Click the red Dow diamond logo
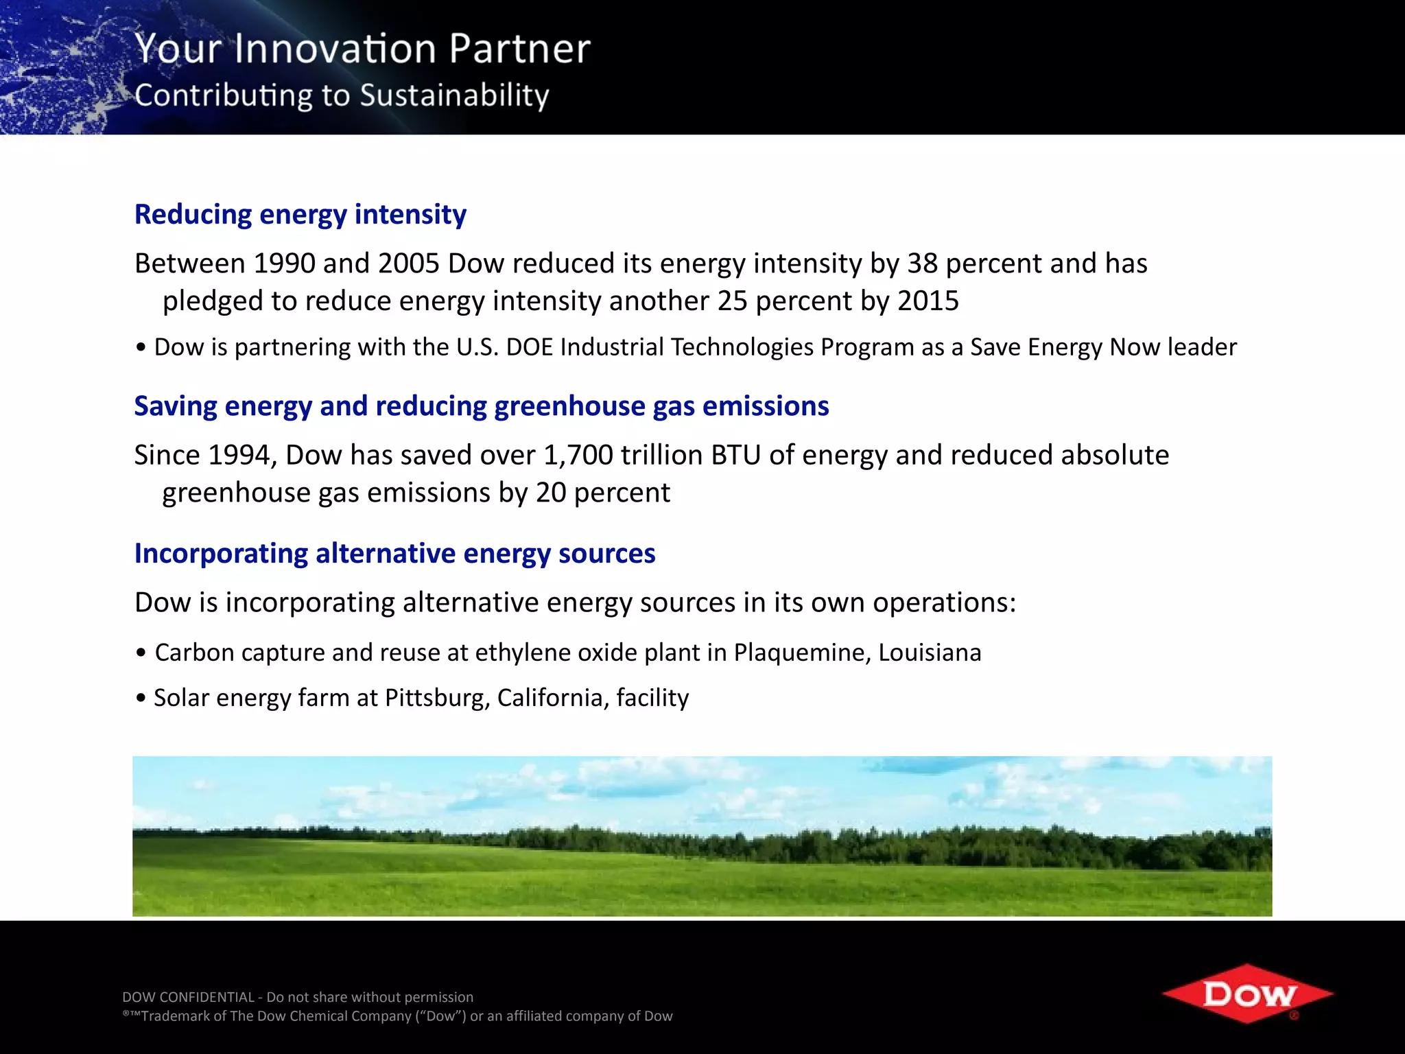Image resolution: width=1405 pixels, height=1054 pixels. [x=1247, y=994]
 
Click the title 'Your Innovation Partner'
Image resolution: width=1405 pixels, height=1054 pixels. [x=362, y=49]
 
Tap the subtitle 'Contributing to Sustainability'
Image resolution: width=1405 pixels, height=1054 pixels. [x=342, y=95]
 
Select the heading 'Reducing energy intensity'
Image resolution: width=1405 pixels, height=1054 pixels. [x=300, y=214]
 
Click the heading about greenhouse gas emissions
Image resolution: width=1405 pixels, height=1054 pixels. [x=481, y=406]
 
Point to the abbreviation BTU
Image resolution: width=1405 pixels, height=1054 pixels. [x=735, y=455]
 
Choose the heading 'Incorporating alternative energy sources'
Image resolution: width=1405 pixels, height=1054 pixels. [x=394, y=553]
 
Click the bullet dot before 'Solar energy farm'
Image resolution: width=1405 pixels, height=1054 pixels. [x=141, y=699]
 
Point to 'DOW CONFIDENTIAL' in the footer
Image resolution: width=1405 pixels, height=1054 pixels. [x=188, y=997]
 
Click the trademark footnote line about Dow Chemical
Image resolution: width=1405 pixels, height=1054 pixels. [x=398, y=1016]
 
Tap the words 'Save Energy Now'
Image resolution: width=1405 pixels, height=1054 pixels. [x=1066, y=347]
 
